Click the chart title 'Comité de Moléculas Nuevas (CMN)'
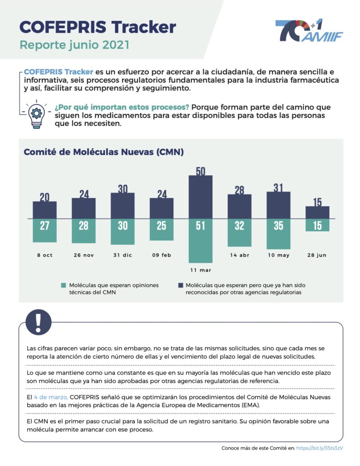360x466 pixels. point(103,152)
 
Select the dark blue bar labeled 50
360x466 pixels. point(200,197)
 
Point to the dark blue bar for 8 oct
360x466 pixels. point(45,210)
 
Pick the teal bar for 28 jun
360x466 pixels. point(317,225)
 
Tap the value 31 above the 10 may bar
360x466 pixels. point(278,187)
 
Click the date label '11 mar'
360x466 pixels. point(200,270)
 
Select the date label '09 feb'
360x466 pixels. point(161,255)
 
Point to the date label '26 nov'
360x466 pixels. point(84,255)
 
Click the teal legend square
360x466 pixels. point(64,285)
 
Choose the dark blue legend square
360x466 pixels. point(180,285)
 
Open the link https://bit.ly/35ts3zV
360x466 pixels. point(319,448)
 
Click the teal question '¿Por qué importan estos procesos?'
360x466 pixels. point(122,107)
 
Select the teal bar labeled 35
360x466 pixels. point(278,234)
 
